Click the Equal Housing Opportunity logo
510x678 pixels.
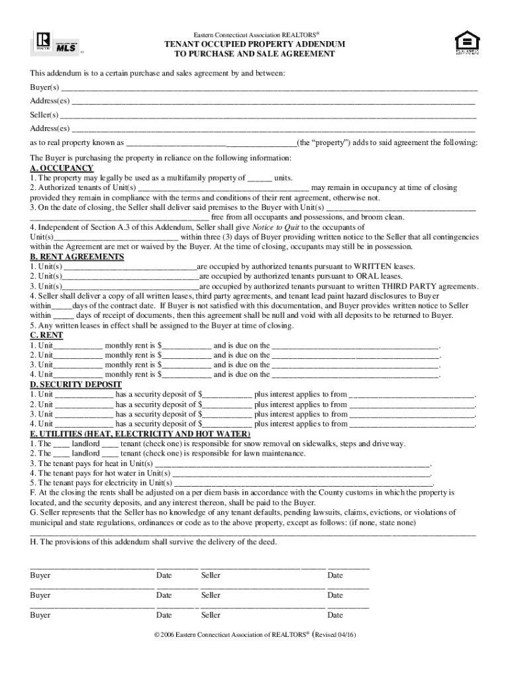464,43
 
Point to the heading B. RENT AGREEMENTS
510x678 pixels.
77,257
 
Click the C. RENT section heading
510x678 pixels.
47,336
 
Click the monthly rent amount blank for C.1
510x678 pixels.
187,346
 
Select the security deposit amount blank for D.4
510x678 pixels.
227,424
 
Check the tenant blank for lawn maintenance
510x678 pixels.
111,454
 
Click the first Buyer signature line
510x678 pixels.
92,567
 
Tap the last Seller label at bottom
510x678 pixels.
211,615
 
